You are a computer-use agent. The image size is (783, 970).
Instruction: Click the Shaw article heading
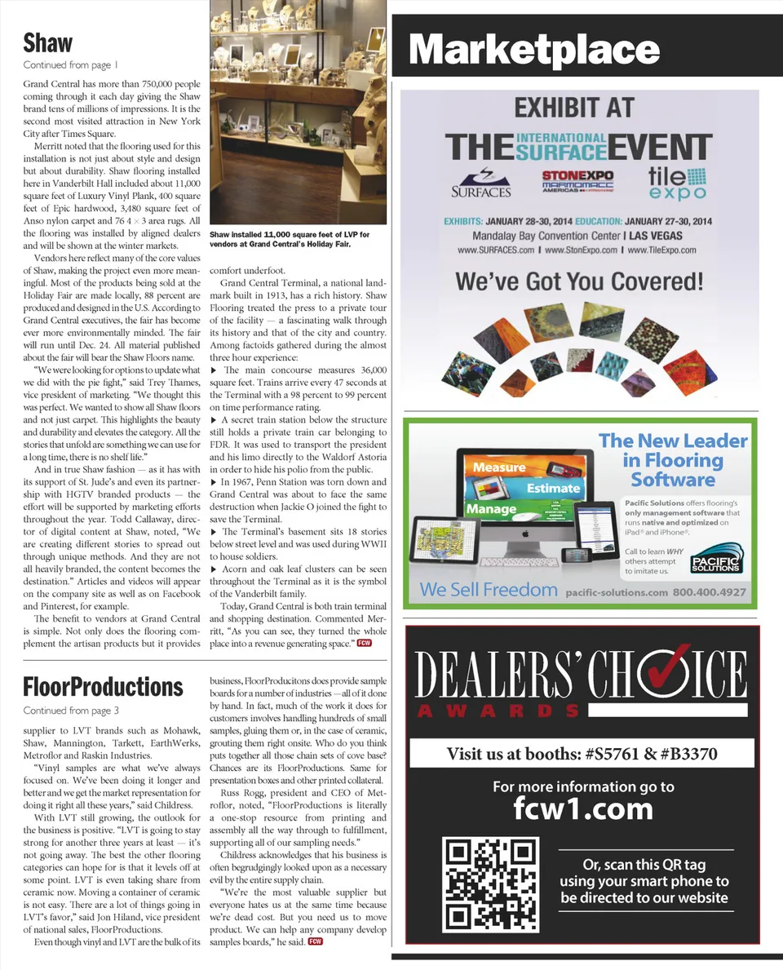[x=48, y=42]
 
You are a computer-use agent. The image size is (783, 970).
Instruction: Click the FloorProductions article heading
[x=103, y=686]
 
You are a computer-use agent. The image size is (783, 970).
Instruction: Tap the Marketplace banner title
[x=533, y=49]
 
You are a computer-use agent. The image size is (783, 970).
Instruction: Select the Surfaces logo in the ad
[x=481, y=184]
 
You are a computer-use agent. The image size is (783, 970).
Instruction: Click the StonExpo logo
[x=577, y=180]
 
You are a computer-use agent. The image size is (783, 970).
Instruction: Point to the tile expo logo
[x=677, y=182]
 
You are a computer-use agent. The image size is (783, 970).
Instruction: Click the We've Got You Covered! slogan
[x=579, y=282]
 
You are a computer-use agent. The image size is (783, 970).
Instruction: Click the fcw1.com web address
[x=583, y=809]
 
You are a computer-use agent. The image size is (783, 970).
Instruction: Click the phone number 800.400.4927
[x=709, y=592]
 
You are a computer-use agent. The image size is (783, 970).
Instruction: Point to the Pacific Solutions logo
[x=714, y=562]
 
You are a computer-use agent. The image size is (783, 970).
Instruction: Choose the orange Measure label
[x=499, y=467]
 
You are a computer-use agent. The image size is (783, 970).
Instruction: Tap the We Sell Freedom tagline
[x=489, y=590]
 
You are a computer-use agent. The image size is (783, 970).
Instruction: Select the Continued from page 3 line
[x=71, y=711]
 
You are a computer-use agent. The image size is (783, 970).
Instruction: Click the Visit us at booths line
[x=582, y=754]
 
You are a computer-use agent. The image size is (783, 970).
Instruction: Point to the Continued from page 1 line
[x=71, y=65]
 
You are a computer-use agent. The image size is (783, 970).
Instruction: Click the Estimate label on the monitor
[x=553, y=488]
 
